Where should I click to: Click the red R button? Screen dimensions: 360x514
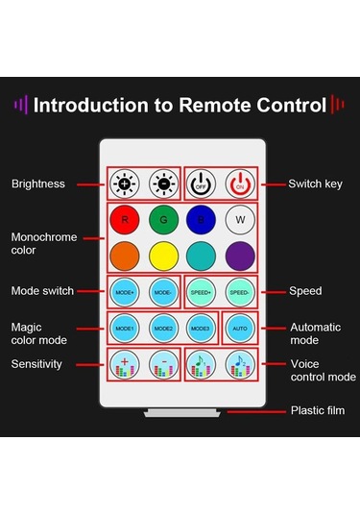[x=125, y=220]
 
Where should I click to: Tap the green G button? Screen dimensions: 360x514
[x=163, y=220]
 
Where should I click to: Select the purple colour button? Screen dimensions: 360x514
[x=240, y=257]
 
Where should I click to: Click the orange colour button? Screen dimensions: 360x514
[x=125, y=257]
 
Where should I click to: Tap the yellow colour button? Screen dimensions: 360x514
[x=163, y=257]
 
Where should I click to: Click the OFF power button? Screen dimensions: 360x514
[x=202, y=183]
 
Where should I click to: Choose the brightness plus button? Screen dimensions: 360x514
[x=125, y=183]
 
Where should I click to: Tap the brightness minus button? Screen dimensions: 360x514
[x=163, y=183]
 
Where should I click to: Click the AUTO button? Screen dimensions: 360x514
[x=240, y=328]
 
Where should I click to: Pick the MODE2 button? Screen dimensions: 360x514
[x=163, y=328]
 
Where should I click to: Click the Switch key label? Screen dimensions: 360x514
[x=312, y=183]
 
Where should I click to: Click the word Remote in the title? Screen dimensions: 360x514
[x=216, y=104]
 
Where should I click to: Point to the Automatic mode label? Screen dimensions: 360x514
[x=316, y=334]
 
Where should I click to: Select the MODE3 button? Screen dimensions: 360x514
[x=200, y=328]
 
